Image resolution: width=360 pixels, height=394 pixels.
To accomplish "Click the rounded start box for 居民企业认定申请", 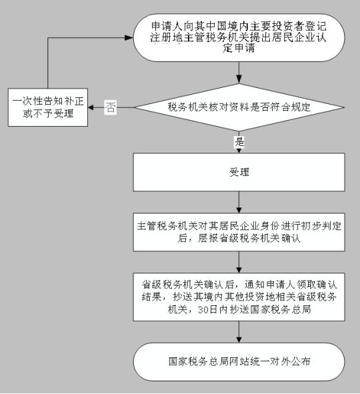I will click(x=238, y=37).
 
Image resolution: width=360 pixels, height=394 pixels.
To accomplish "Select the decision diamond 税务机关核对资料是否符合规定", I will click(x=238, y=107).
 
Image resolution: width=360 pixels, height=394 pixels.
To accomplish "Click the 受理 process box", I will click(x=238, y=172).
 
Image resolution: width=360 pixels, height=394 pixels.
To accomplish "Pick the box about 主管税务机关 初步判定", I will click(x=238, y=233).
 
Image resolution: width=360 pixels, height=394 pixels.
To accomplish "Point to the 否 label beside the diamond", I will click(x=111, y=107).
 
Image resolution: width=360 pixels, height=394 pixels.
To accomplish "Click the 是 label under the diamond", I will click(x=239, y=141).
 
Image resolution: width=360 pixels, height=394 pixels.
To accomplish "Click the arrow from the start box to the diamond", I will click(x=238, y=75).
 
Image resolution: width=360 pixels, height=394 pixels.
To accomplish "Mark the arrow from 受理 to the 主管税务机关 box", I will click(x=238, y=204).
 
